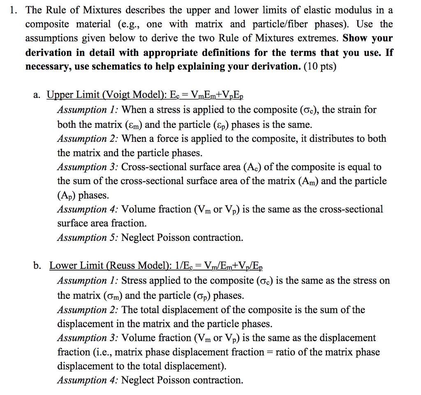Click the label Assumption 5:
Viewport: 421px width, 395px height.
click(88, 238)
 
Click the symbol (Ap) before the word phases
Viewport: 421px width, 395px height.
click(67, 195)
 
